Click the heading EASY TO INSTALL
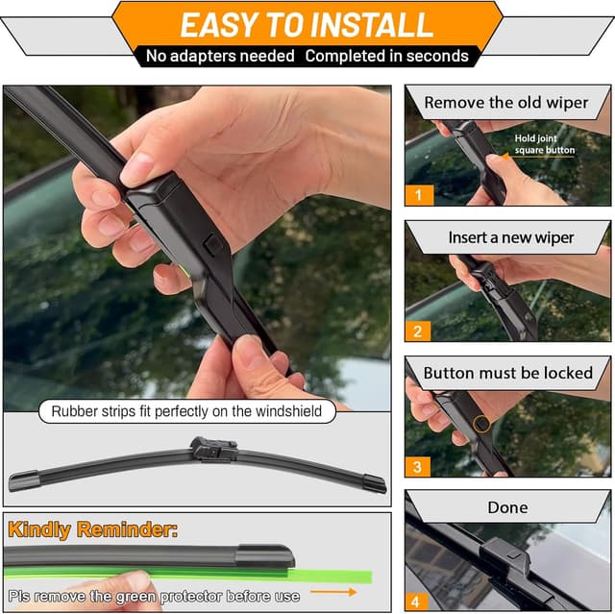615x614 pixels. coord(307,24)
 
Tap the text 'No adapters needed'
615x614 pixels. coord(220,56)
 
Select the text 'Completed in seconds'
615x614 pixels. coord(387,56)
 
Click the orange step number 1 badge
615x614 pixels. coord(418,195)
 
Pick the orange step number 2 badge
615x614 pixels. coord(418,332)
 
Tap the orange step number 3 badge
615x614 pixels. coord(418,467)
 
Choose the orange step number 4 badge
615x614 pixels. coord(418,602)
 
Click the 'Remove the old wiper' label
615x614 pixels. coord(506,102)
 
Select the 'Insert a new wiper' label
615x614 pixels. coord(510,237)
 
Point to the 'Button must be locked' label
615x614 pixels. coord(508,373)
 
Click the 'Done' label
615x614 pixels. coord(508,507)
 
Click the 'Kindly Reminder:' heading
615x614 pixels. coord(93,529)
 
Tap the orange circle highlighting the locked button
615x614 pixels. coord(481,423)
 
